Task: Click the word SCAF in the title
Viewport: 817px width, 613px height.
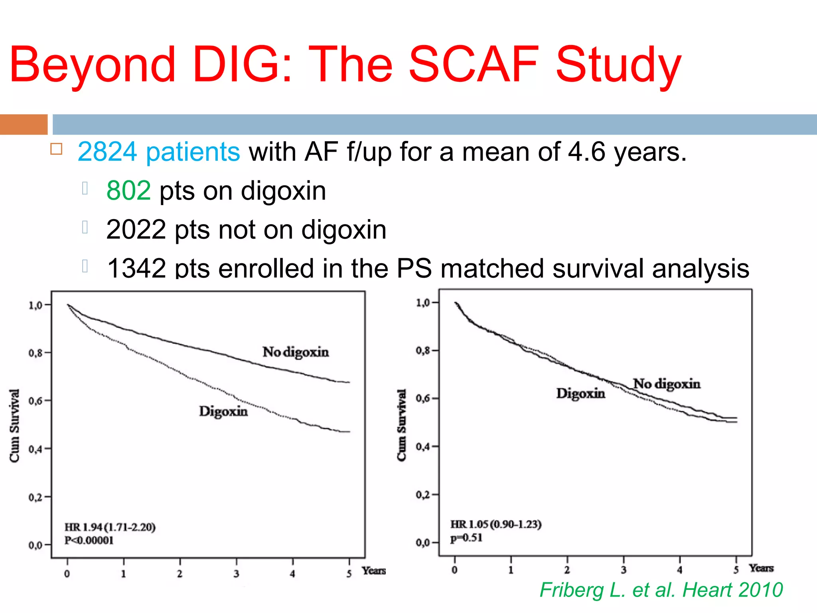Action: (x=474, y=65)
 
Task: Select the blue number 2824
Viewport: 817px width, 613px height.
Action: (x=107, y=152)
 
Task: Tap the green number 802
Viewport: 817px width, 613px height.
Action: (x=128, y=191)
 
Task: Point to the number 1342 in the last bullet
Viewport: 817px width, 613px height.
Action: (x=136, y=269)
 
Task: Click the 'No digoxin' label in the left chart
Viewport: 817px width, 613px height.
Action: (x=296, y=352)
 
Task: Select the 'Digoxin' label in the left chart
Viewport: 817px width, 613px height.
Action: (x=223, y=411)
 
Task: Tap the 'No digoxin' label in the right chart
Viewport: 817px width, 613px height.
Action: (x=667, y=384)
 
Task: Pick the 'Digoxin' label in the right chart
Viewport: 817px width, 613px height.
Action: (x=580, y=394)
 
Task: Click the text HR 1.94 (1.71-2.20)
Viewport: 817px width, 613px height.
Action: (x=110, y=527)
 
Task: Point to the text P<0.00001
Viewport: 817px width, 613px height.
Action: (x=89, y=540)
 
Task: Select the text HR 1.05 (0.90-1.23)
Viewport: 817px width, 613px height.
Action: (x=496, y=524)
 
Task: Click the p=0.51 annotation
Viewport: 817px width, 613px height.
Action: (x=466, y=538)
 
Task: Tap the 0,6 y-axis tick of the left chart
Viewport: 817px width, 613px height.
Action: (x=36, y=401)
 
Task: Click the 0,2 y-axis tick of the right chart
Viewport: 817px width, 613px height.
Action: (x=423, y=495)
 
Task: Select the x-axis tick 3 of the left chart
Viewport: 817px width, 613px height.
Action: (x=236, y=574)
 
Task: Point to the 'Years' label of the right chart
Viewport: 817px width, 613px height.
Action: (x=761, y=568)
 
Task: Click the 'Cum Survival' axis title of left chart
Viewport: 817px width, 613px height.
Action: (x=14, y=426)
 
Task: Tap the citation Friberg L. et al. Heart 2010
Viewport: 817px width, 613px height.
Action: (x=661, y=590)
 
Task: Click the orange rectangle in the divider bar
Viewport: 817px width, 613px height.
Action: (x=24, y=125)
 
